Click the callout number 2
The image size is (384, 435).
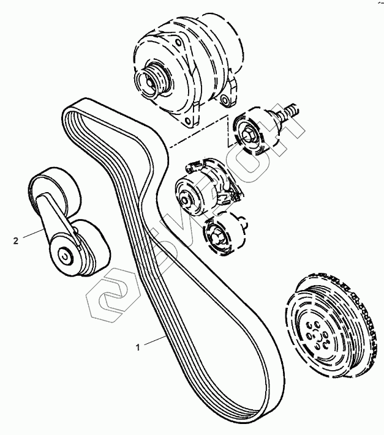[15, 240]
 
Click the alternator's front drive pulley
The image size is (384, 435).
[149, 79]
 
